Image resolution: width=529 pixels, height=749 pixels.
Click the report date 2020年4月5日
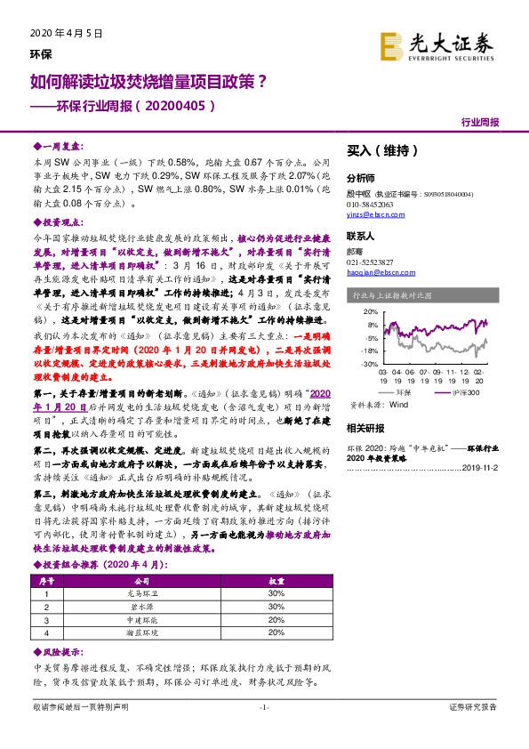click(x=60, y=32)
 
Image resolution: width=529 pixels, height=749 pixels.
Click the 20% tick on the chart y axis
click(x=370, y=312)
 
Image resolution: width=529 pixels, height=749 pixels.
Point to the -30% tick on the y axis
click(x=369, y=364)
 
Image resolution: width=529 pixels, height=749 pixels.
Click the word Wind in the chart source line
click(x=399, y=404)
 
